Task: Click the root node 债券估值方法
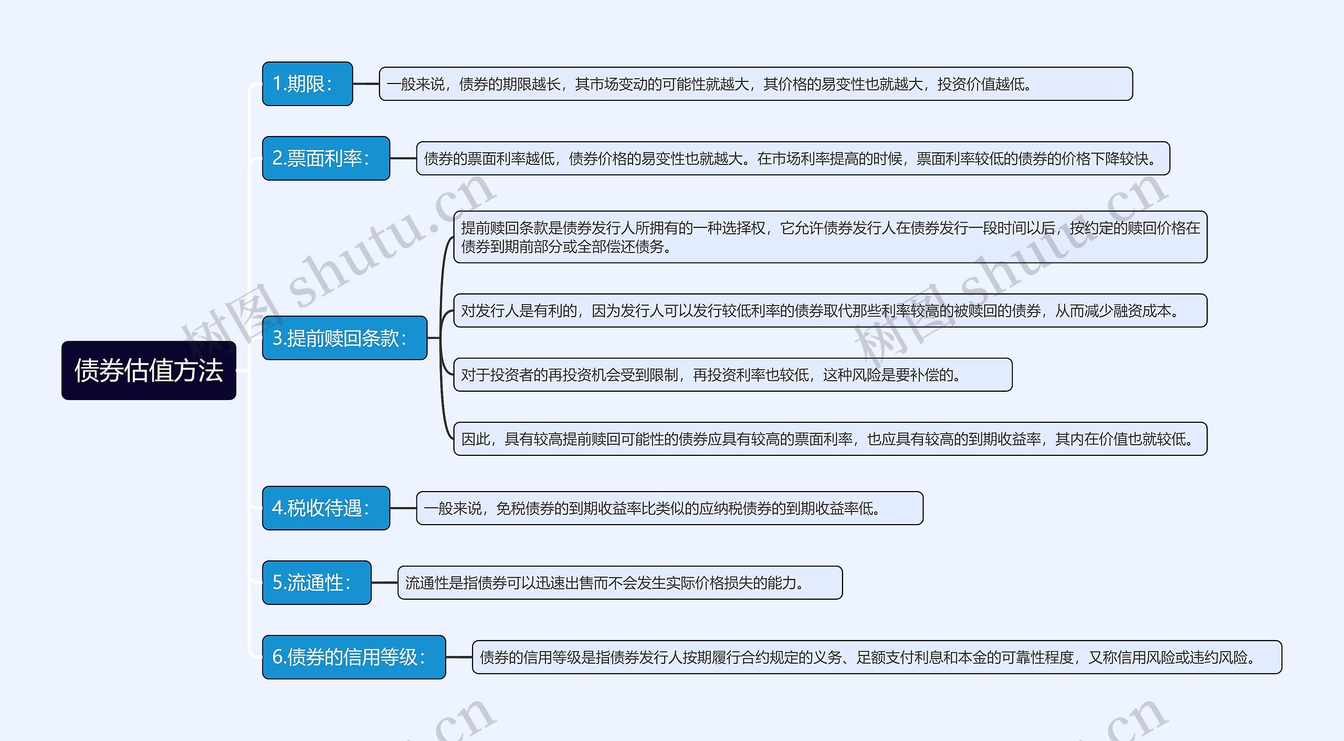(149, 370)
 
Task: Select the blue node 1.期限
(307, 84)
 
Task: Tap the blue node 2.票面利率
(325, 158)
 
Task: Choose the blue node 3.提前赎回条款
(344, 338)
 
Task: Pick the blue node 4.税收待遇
(325, 508)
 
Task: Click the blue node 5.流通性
(317, 582)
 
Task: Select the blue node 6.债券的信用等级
(354, 657)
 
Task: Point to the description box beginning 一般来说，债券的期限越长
(755, 84)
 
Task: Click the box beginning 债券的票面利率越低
(793, 158)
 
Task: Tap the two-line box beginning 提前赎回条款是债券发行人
(829, 237)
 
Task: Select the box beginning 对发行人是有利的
(829, 310)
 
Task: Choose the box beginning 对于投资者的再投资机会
(732, 374)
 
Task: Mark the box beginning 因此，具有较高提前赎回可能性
(829, 439)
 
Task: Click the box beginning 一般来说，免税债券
(669, 508)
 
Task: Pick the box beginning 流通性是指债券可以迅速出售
(619, 582)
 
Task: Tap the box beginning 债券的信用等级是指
(877, 657)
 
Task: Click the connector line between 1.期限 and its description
(366, 84)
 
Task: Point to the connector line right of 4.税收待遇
(403, 508)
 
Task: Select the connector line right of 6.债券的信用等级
(459, 657)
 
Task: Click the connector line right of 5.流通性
(384, 582)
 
